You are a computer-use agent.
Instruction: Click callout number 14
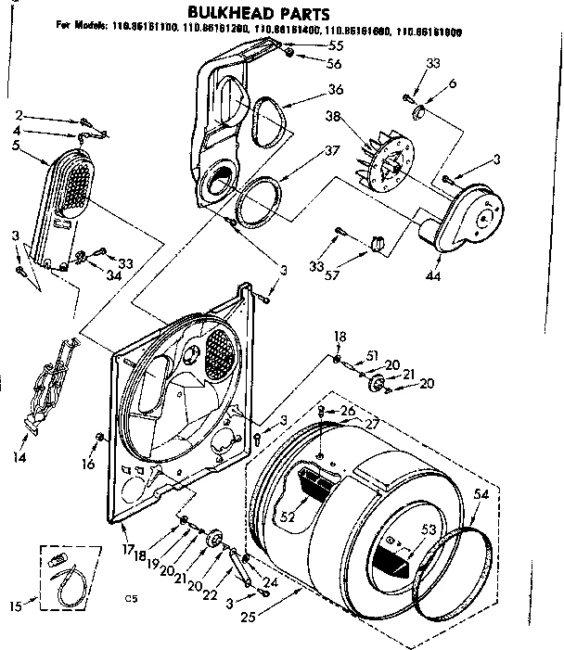pyautogui.click(x=20, y=455)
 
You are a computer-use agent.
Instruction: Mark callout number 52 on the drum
pyautogui.click(x=288, y=516)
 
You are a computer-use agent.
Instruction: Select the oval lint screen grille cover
pyautogui.click(x=66, y=185)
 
